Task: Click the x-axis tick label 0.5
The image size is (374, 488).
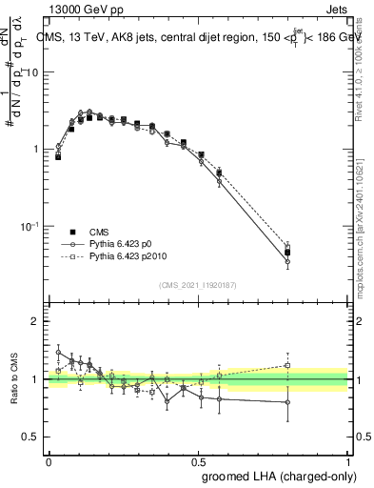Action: pos(199,461)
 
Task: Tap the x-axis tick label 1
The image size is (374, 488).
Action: pos(348,461)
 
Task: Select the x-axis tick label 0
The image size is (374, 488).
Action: pos(49,461)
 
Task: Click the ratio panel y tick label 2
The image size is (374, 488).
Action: pos(34,321)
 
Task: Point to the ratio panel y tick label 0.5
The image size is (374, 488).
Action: pos(30,437)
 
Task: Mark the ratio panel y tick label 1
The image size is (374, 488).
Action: pos(34,379)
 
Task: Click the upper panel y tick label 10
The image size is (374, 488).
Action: pos(30,72)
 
